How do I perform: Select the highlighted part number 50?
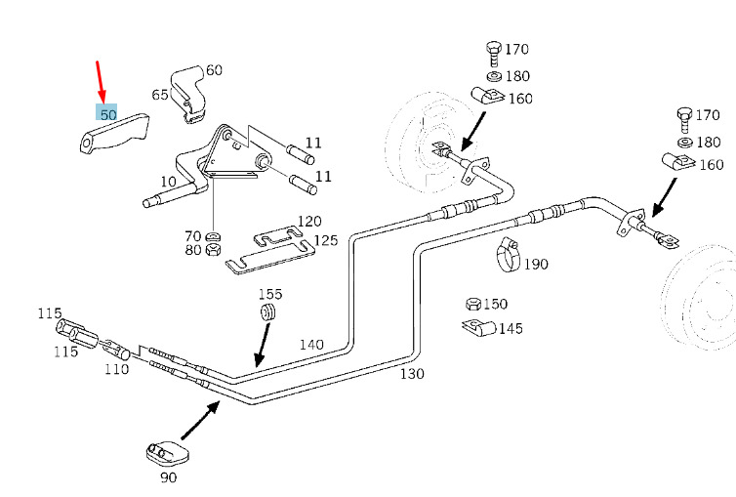107,114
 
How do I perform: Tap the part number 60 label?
214,70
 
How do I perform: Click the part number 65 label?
160,95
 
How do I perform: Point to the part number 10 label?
169,182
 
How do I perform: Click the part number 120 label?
309,222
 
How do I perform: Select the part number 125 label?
325,239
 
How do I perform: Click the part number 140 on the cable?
311,345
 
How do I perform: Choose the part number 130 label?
412,373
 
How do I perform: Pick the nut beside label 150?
472,304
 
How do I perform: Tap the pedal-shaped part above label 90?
164,451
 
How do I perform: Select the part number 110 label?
117,369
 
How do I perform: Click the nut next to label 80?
216,251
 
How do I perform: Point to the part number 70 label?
193,235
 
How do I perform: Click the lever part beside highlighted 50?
115,134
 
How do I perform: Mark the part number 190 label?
536,264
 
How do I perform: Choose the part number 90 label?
168,478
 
